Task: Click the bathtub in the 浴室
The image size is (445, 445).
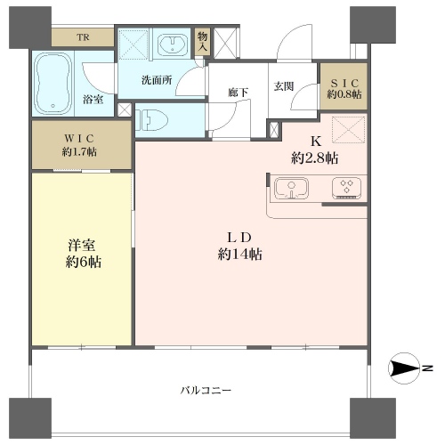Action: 53,84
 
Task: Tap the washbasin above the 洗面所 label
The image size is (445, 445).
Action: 173,44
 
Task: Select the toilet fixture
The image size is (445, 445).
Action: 152,120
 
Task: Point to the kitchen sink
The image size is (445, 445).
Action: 291,189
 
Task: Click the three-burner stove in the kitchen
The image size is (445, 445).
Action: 346,188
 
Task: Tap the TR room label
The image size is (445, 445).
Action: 83,37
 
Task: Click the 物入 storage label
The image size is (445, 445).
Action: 202,42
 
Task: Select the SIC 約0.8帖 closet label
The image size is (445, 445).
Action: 344,88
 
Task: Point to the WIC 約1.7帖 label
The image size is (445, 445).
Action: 79,145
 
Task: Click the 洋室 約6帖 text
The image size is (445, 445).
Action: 83,254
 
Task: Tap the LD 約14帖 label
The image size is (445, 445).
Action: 239,246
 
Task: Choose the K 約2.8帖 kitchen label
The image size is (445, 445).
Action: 315,150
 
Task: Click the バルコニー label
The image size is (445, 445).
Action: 206,390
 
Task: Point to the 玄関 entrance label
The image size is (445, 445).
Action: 284,86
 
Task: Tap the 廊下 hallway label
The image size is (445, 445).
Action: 239,93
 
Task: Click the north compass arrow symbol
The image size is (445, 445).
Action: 404,368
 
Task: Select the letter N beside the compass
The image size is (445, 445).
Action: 427,368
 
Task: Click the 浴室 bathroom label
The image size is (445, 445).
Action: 93,100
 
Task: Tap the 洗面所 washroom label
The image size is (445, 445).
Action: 157,80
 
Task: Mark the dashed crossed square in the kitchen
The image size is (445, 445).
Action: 348,130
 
